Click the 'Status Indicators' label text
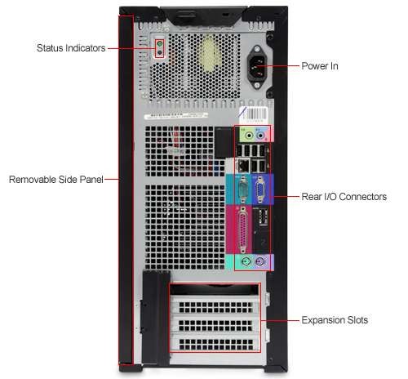coord(71,48)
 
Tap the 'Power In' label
coord(320,66)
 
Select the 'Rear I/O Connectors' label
coord(344,197)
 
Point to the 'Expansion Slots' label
coord(335,320)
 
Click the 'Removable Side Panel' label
coord(56,180)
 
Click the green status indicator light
coord(160,43)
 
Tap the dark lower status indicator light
coord(160,52)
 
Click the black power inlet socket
coord(256,67)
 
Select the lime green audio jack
coord(249,135)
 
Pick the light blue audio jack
coord(260,135)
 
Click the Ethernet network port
coord(244,165)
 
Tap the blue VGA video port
coord(259,189)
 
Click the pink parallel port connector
coord(242,230)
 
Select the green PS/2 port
coord(246,262)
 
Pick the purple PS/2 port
coord(260,262)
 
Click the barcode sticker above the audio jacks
coord(254,113)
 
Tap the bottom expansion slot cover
coord(215,342)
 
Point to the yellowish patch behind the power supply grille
coord(209,55)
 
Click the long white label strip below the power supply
coord(175,116)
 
